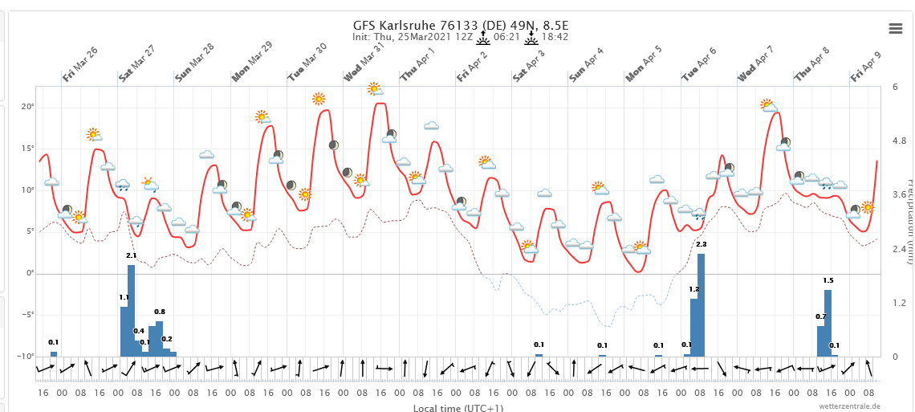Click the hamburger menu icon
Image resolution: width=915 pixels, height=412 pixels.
(896, 28)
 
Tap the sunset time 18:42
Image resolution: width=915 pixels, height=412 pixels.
(555, 37)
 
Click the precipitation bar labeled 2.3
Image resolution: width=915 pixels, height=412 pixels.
(701, 304)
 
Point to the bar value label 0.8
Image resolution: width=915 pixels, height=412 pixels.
(160, 312)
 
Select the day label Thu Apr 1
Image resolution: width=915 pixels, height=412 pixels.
(417, 64)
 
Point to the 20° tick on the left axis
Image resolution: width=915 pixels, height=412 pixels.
(27, 107)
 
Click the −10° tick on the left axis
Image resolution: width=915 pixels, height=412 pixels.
(26, 356)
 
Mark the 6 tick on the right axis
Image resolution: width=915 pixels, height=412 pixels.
(896, 87)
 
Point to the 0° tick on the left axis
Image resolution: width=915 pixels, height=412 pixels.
(29, 273)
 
